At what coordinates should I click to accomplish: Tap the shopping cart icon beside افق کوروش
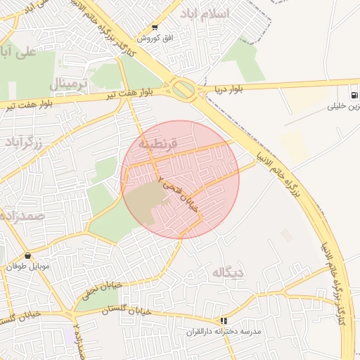155,28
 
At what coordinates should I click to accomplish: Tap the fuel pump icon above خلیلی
351,95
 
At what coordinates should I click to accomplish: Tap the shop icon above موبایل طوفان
27,256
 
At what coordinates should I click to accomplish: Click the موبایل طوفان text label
27,267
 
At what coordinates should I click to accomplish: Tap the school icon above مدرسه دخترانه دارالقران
224,320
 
